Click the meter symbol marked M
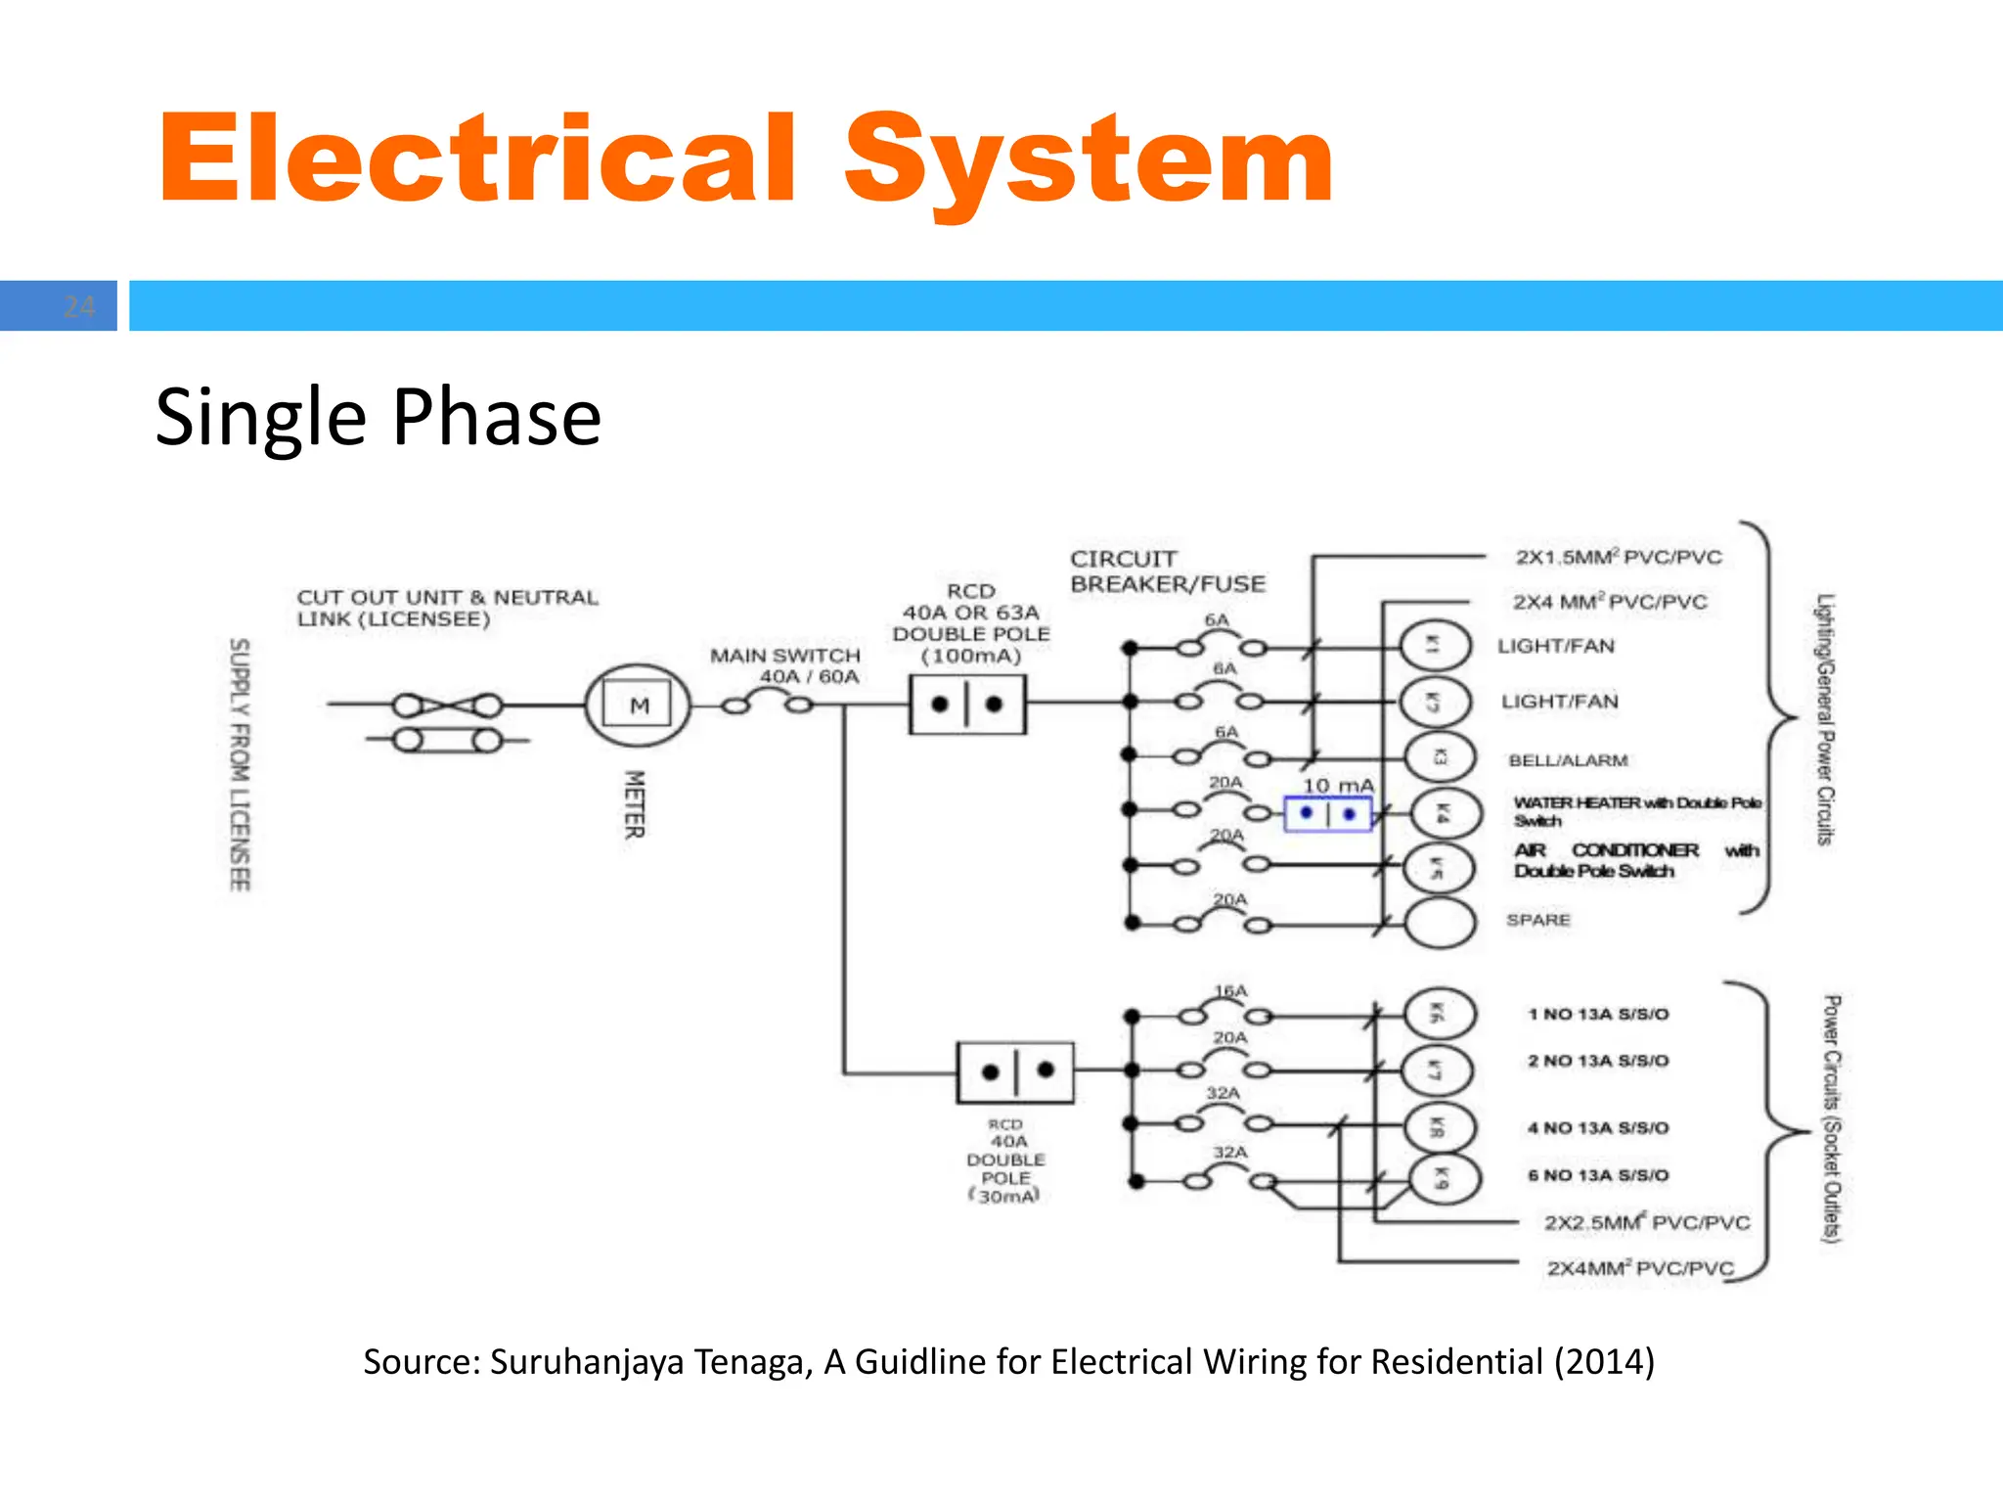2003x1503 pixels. [638, 705]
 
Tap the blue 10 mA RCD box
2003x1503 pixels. [1327, 814]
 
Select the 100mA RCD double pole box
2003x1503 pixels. [967, 705]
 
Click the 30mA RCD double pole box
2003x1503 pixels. [1015, 1072]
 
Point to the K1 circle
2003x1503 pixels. [1435, 645]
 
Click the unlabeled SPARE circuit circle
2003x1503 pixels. [1440, 922]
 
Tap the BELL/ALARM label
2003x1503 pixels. [1568, 760]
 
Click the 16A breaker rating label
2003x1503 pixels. [1230, 991]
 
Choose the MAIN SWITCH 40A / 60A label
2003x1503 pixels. [786, 665]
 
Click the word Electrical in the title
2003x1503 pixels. [477, 159]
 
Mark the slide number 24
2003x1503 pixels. [78, 306]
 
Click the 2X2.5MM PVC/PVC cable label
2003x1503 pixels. [1646, 1222]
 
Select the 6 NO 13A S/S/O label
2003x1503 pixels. [1598, 1175]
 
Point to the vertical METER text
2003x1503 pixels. [635, 804]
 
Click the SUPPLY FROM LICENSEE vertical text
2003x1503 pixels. [240, 764]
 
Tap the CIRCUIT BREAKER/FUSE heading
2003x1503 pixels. [1167, 571]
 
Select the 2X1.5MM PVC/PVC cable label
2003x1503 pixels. [1619, 557]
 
